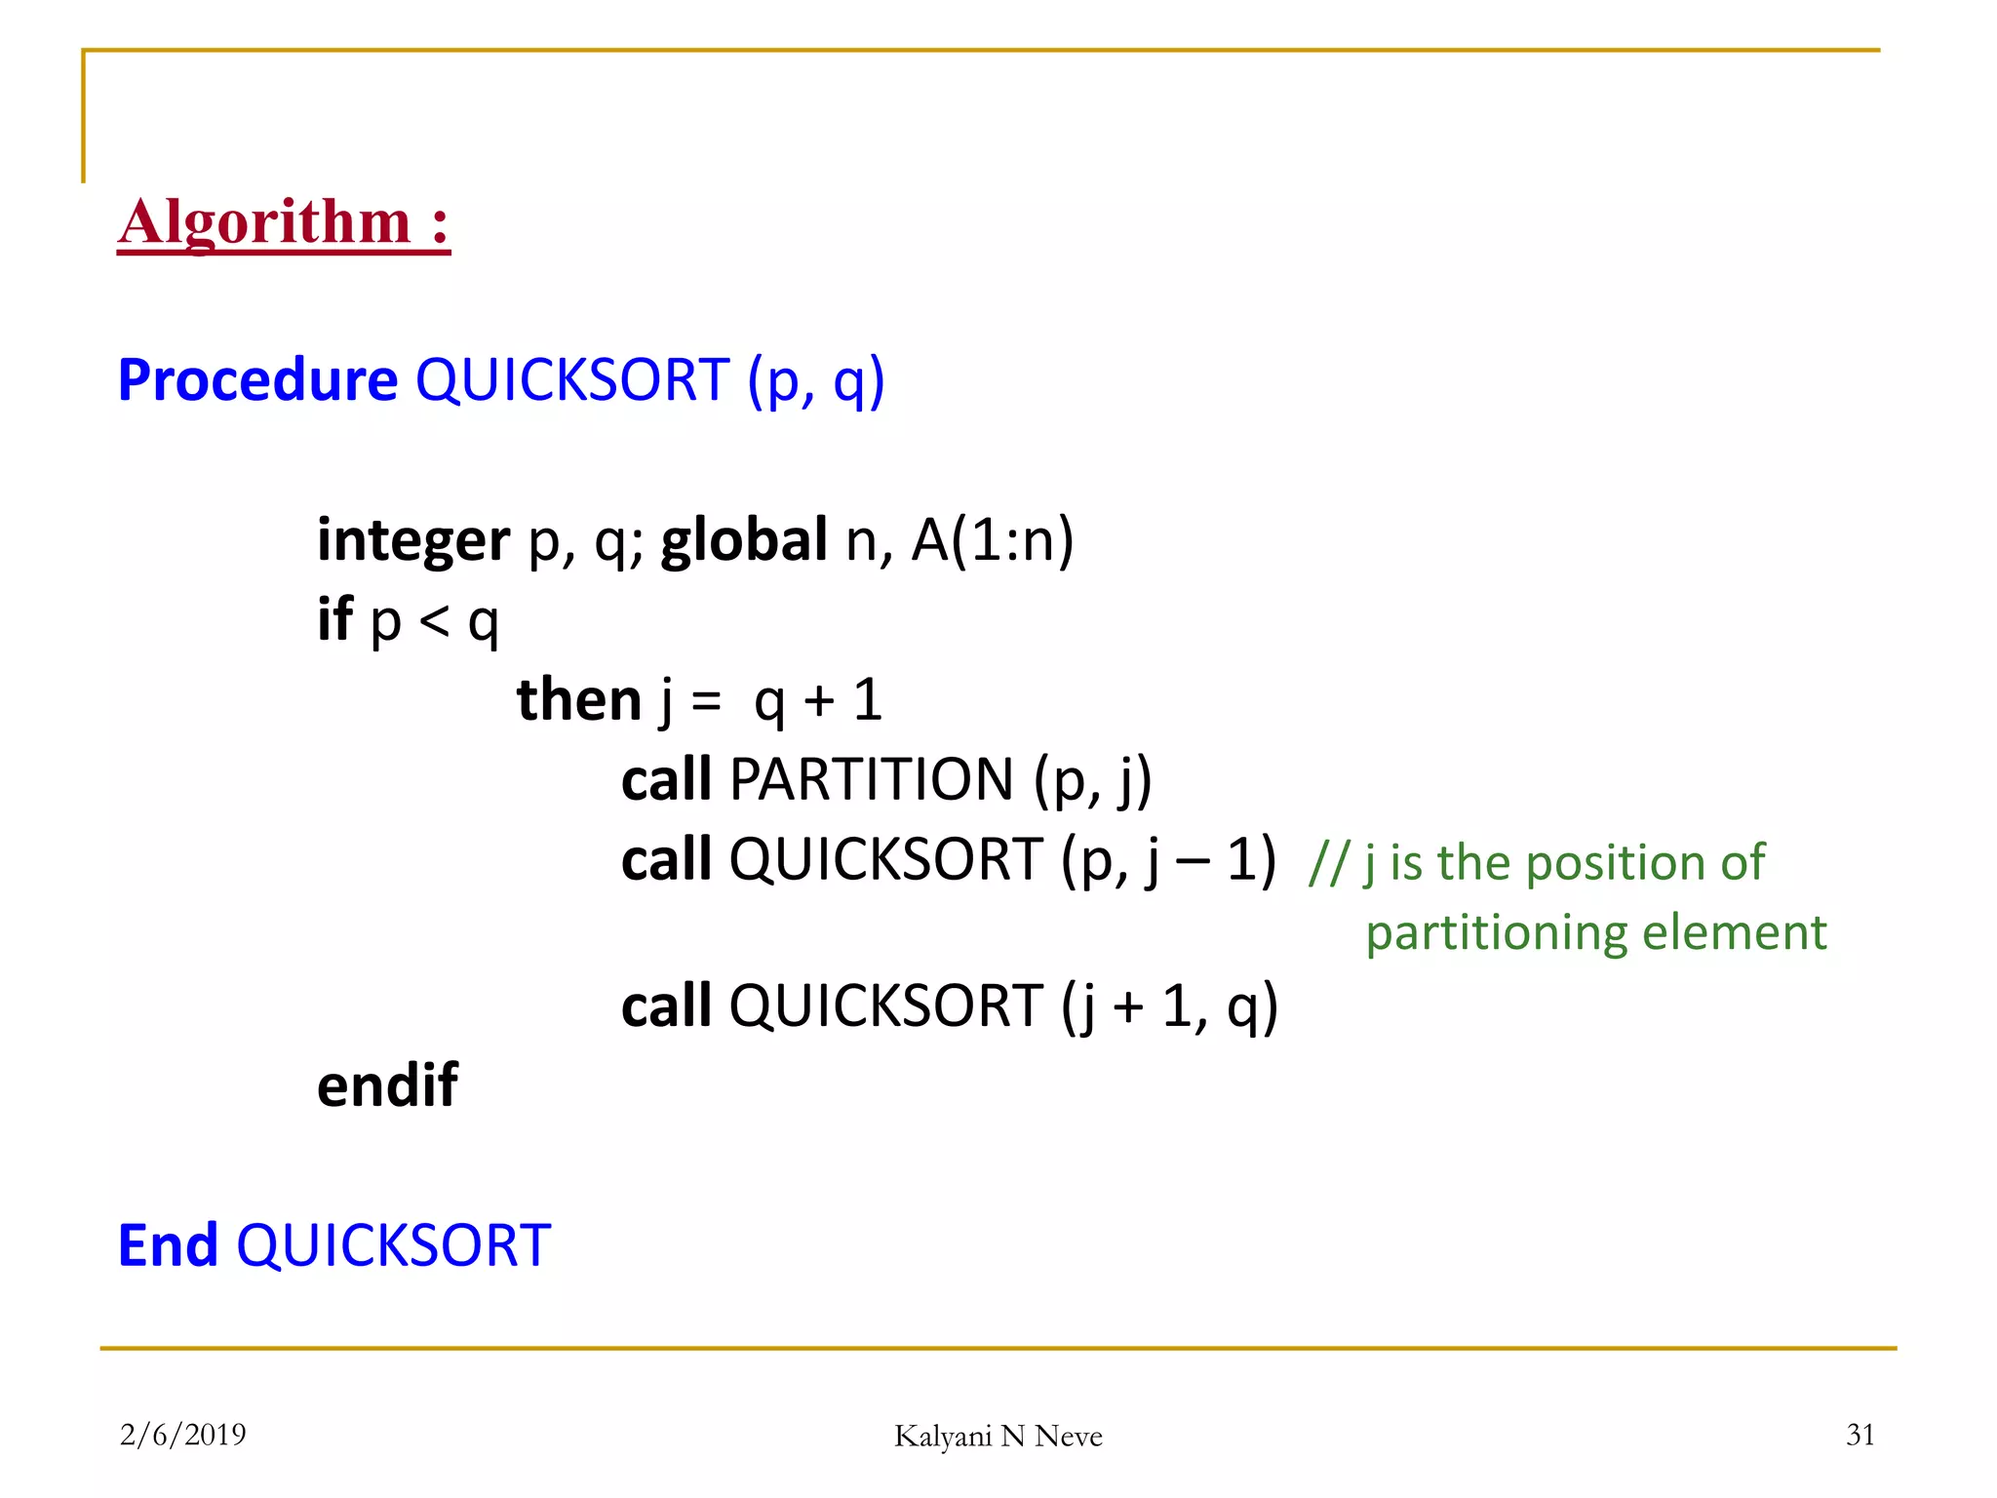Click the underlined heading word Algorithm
point(264,223)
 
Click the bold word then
point(578,699)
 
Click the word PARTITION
point(872,779)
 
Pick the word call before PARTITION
point(667,779)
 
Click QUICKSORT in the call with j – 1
point(885,859)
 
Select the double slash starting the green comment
point(1328,863)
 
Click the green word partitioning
point(1496,933)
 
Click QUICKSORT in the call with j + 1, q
point(885,1005)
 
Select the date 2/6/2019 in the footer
point(182,1434)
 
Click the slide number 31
point(1860,1434)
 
